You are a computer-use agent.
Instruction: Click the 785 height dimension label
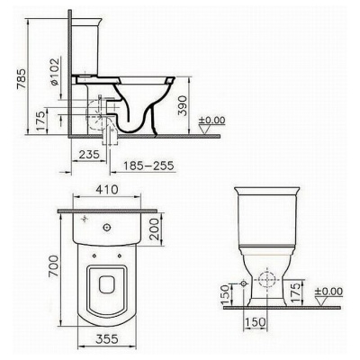(x=22, y=79)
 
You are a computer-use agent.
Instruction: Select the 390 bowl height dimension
(x=182, y=105)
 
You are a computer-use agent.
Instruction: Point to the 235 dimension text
(x=89, y=155)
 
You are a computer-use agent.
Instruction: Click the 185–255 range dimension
(x=149, y=166)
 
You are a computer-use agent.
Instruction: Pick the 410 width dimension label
(x=107, y=190)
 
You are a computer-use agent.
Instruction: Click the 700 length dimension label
(x=53, y=265)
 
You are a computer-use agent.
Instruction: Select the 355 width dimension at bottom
(x=107, y=339)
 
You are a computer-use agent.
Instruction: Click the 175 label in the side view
(x=41, y=121)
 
